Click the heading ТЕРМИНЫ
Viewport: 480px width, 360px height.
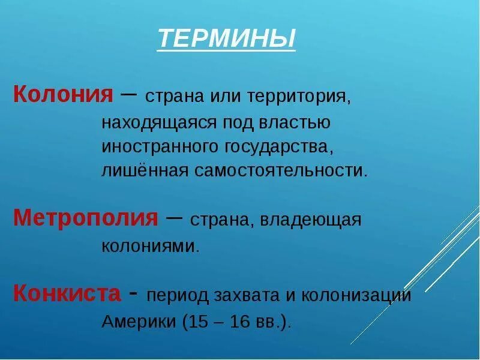point(227,39)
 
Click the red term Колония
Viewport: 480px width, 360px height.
point(63,94)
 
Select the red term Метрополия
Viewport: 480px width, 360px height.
point(85,217)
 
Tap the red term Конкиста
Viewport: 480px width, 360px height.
point(67,293)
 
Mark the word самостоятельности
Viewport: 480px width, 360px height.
point(279,170)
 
